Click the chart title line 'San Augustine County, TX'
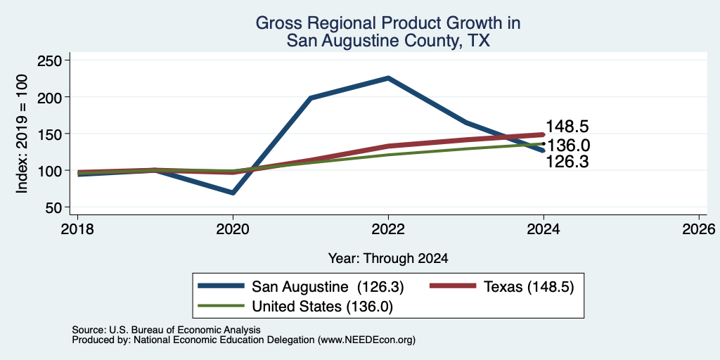[388, 41]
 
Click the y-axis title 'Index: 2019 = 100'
[22, 134]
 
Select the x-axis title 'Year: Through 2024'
[388, 259]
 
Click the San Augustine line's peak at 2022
[388, 78]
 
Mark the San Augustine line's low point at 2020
[233, 193]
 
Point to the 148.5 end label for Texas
[567, 127]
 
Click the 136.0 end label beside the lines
[568, 146]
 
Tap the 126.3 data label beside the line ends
[567, 162]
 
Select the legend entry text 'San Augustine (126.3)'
[328, 287]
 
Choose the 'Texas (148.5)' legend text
[529, 287]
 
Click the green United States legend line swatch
[221, 305]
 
